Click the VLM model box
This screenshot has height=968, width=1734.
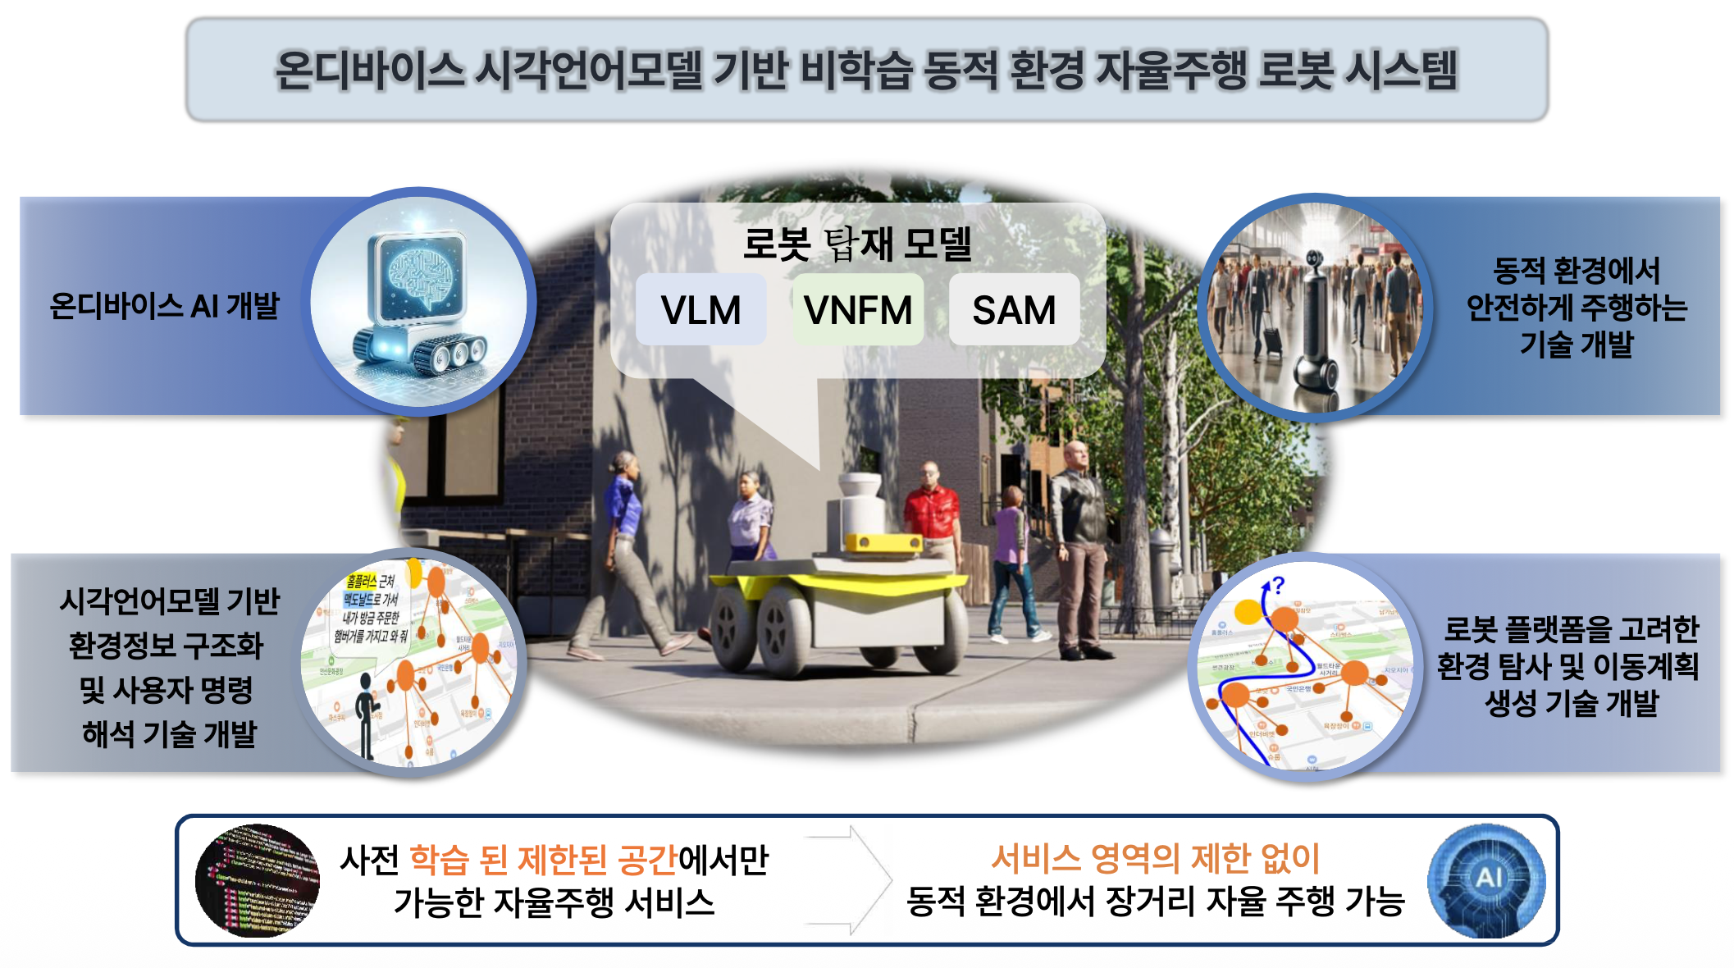[x=700, y=310]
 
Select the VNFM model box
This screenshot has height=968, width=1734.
[x=857, y=310]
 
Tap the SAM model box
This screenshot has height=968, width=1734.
[x=1014, y=310]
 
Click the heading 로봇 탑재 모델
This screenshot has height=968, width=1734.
[x=856, y=244]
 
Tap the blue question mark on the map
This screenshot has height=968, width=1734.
[x=1278, y=584]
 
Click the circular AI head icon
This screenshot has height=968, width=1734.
[x=1485, y=880]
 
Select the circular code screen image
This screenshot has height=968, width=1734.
[x=257, y=880]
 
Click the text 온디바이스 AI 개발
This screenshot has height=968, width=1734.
[x=164, y=306]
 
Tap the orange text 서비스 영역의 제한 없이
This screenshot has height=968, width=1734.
[x=1155, y=859]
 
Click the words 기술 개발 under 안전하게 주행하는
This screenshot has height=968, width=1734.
[x=1576, y=345]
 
